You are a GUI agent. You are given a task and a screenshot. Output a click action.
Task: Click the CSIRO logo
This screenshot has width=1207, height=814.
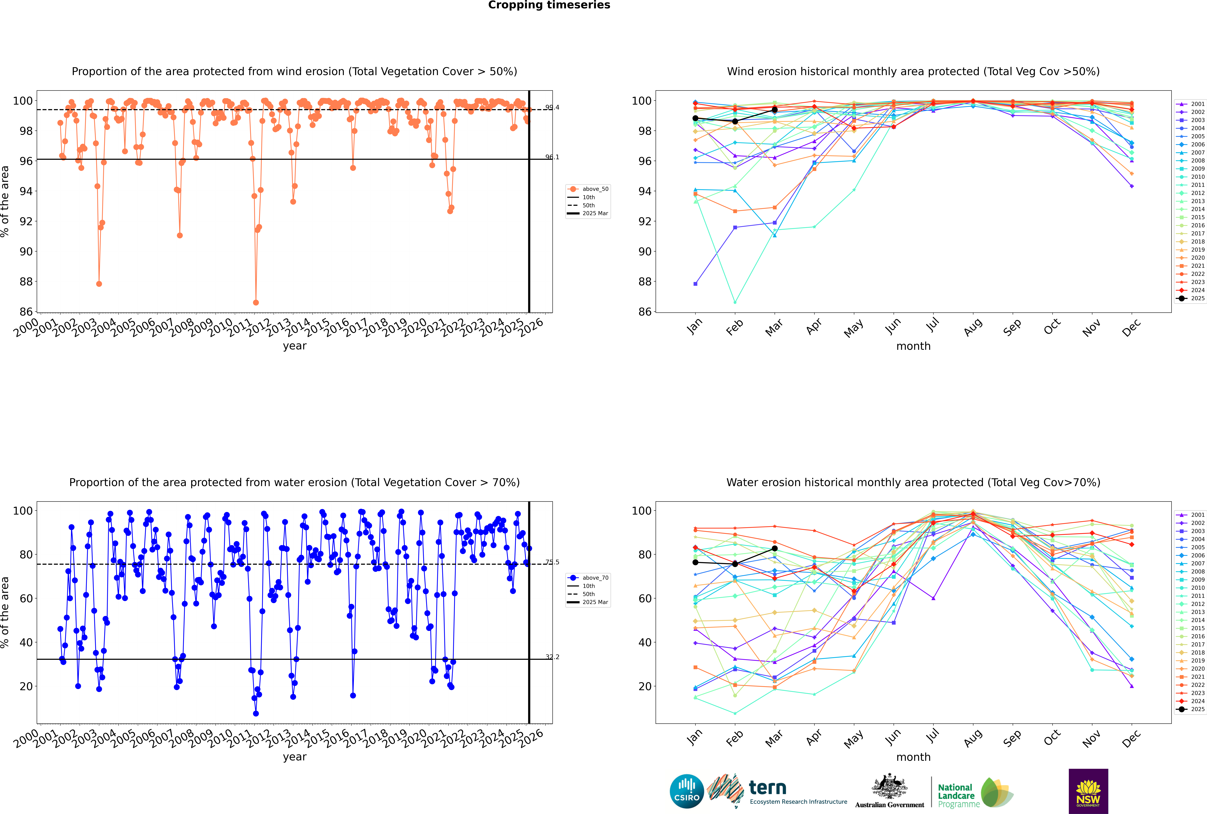pyautogui.click(x=686, y=791)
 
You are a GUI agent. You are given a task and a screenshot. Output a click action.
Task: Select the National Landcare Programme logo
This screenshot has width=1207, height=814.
pyautogui.click(x=975, y=793)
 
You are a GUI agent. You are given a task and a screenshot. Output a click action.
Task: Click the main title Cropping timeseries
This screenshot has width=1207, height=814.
pyautogui.click(x=549, y=5)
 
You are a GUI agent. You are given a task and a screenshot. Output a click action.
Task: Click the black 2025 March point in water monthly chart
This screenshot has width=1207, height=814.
pyautogui.click(x=775, y=548)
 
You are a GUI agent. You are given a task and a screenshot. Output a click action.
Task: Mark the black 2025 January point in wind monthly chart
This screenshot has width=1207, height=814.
pyautogui.click(x=695, y=118)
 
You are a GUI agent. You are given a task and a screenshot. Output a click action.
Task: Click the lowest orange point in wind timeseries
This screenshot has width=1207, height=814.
pyautogui.click(x=256, y=303)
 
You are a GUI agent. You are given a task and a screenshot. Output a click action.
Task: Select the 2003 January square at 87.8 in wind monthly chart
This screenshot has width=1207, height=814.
pyautogui.click(x=695, y=284)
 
